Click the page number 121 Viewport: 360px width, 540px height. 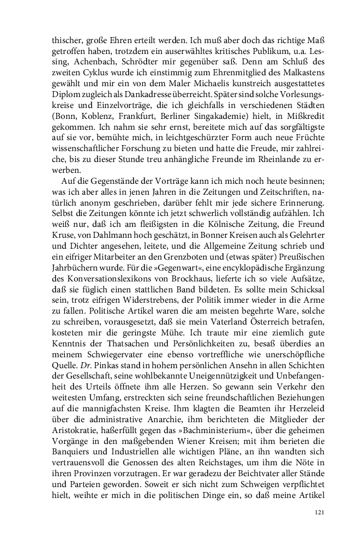[x=320, y=513]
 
